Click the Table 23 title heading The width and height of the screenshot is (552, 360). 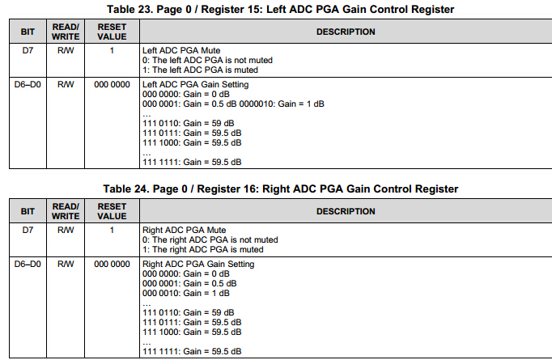(x=280, y=9)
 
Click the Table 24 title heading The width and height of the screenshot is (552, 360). (x=280, y=188)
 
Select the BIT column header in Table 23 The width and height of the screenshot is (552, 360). (x=28, y=32)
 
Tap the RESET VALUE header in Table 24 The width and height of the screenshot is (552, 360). (x=112, y=211)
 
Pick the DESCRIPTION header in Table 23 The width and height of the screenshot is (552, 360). (x=345, y=32)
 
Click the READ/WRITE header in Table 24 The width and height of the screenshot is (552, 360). (x=66, y=211)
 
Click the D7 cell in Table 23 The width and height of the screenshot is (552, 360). (x=28, y=50)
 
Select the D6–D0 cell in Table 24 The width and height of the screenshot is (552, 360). (x=28, y=264)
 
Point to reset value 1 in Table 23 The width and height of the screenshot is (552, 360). (x=112, y=50)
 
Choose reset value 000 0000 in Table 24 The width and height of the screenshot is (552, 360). (x=112, y=264)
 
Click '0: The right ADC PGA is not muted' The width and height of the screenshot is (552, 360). (x=210, y=239)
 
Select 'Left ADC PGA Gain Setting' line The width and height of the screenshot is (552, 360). (x=194, y=84)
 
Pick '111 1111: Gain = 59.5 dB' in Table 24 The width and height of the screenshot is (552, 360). (x=191, y=351)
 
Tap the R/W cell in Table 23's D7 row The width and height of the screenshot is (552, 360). (x=66, y=50)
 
